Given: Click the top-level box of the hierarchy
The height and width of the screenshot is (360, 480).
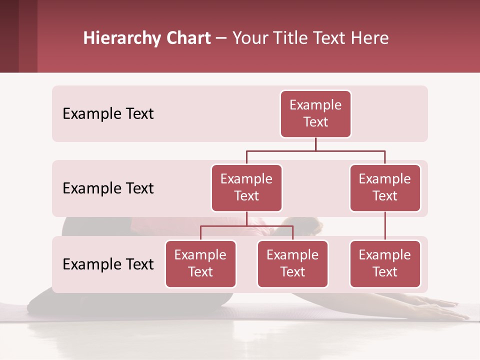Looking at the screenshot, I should point(315,113).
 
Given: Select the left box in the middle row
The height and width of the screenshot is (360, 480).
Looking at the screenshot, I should point(246,187).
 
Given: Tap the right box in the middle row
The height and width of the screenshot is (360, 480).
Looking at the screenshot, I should point(385,187).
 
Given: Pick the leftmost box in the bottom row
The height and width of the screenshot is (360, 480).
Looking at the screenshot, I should point(200,263).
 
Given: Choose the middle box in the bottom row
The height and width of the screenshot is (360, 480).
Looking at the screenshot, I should point(292,263).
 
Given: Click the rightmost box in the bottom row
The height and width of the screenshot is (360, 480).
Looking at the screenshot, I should point(385,263).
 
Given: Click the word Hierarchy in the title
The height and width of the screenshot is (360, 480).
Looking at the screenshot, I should point(121,38).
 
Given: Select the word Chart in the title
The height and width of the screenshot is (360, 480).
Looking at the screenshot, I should point(188,38).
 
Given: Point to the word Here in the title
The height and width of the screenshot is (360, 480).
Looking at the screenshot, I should point(370,38).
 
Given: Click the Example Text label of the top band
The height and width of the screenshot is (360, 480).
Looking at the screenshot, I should point(108,113).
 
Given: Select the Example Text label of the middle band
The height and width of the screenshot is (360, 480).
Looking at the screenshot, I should point(108,188).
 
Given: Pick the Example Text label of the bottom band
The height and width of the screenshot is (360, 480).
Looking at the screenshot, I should point(108,264).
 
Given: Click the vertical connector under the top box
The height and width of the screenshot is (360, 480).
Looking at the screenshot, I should point(315,144).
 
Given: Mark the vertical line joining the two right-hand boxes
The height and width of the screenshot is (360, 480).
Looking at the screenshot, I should point(385,226).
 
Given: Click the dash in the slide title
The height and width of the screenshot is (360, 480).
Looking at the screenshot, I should point(221,38).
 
